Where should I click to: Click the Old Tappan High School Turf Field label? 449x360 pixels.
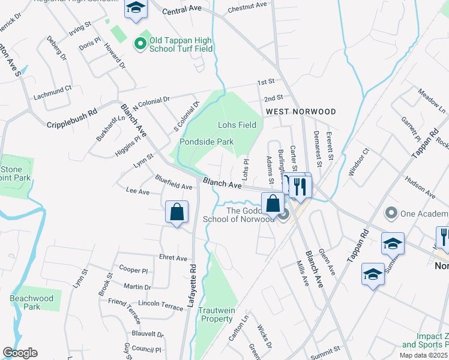181,44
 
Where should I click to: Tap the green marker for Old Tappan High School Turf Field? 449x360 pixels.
140,43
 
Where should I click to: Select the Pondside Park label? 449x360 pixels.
206,142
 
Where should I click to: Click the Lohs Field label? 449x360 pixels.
237,125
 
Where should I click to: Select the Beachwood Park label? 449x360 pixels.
31,302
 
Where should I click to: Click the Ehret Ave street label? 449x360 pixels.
173,258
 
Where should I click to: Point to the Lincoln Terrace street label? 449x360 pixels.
160,305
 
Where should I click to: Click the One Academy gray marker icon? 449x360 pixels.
392,212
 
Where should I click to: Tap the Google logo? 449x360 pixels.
20,353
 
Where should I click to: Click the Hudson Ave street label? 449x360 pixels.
420,187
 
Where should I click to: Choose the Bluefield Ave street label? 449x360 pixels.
173,182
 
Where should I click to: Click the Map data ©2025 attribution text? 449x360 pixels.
424,355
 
